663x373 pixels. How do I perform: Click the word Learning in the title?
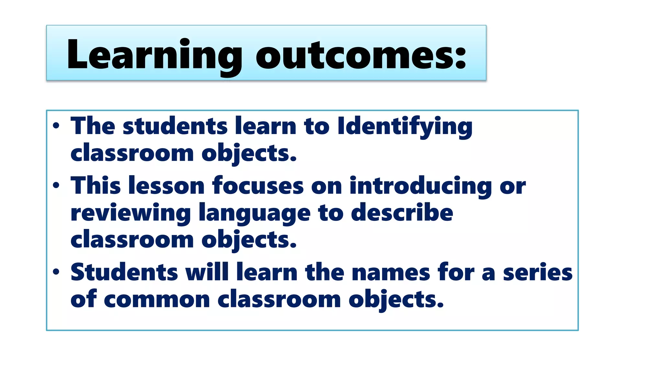click(x=154, y=54)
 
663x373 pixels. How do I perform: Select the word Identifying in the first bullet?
click(x=405, y=126)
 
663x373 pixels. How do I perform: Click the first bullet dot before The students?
click(x=56, y=126)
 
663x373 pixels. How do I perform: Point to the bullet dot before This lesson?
click(x=56, y=186)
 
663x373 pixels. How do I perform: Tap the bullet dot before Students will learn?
click(x=56, y=272)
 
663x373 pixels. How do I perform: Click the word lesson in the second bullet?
click(x=166, y=186)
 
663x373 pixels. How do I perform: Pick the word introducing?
click(x=421, y=186)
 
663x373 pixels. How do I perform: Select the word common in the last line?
click(x=157, y=300)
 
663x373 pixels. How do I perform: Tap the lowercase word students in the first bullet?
click(x=175, y=126)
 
